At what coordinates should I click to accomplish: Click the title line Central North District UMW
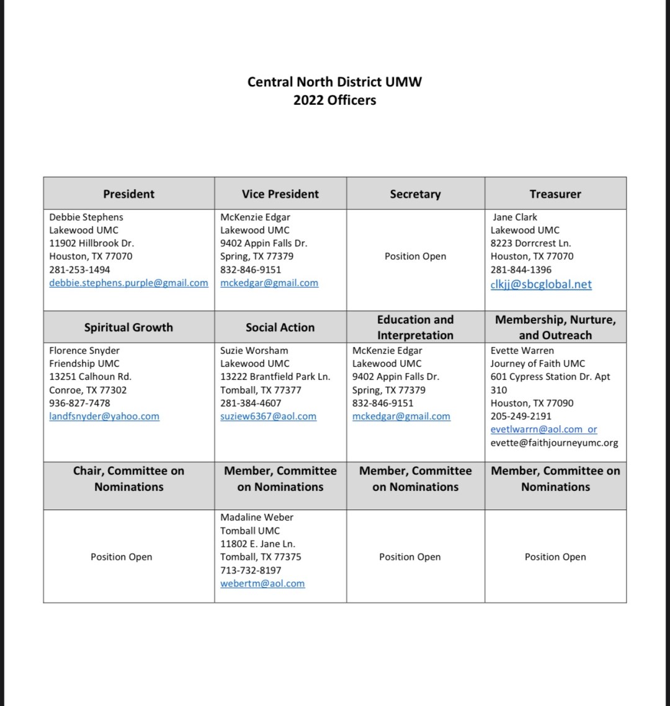pos(334,82)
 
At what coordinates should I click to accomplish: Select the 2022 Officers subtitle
pos(334,100)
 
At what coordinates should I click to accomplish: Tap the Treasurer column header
pos(555,194)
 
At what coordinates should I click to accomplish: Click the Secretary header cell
pos(415,194)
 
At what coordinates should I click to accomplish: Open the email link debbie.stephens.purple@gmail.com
pos(128,283)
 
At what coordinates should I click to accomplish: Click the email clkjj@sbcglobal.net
pos(541,285)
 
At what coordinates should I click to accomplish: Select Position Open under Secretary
pos(415,256)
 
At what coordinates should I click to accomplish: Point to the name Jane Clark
pos(515,217)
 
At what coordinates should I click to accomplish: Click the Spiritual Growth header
pos(128,327)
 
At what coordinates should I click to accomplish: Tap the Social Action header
pos(280,327)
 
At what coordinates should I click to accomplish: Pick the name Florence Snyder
pos(84,350)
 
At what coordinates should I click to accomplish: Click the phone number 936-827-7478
pos(79,403)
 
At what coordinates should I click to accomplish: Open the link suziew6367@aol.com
pos(268,417)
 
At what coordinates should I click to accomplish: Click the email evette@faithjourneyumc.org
pos(554,443)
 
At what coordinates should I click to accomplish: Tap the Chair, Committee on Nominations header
pos(128,479)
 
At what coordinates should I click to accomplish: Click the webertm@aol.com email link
pos(262,583)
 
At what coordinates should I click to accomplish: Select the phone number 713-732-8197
pos(251,570)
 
